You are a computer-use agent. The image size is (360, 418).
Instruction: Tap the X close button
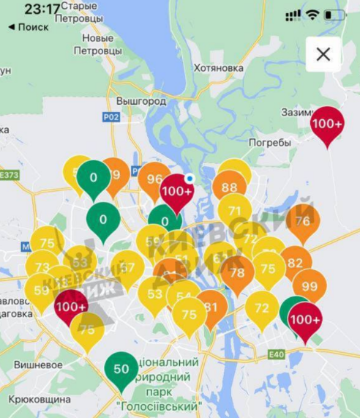click(x=323, y=54)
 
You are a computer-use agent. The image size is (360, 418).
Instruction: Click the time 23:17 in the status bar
click(x=42, y=10)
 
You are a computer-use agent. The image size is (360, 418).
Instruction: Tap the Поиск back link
click(x=29, y=27)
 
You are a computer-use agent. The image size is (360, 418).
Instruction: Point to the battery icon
click(x=335, y=15)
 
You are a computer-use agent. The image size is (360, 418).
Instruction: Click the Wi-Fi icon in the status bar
click(x=312, y=15)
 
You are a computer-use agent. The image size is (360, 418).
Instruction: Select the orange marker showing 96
click(x=154, y=179)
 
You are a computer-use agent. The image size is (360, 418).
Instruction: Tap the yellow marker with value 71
click(x=234, y=210)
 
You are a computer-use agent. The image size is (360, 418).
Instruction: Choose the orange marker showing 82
click(x=295, y=263)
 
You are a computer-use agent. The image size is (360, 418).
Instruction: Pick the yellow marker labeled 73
click(x=42, y=267)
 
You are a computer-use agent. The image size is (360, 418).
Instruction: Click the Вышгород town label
click(x=141, y=102)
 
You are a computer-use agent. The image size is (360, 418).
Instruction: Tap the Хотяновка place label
click(x=218, y=68)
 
